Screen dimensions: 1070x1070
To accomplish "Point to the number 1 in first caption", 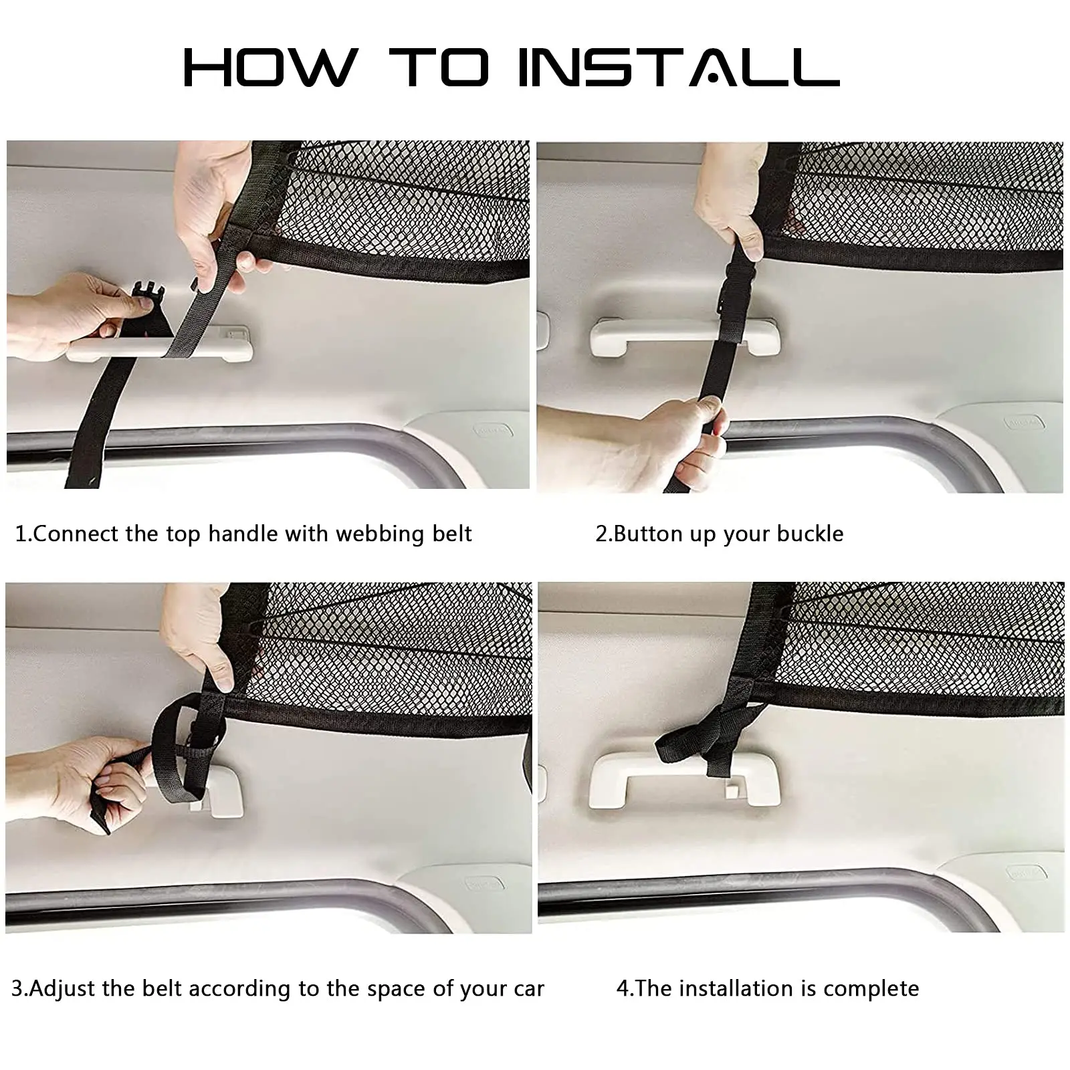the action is pos(21,534).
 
